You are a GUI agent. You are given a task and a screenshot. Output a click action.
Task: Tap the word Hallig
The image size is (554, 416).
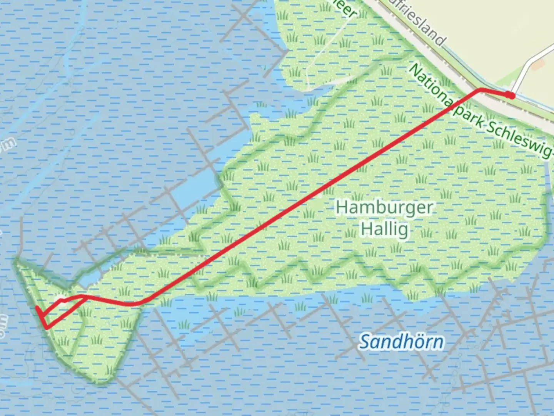coord(384,229)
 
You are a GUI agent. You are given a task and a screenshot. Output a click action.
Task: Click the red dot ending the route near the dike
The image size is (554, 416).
coord(511,95)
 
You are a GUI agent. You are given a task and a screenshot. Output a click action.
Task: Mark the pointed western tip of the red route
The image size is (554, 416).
coord(37,308)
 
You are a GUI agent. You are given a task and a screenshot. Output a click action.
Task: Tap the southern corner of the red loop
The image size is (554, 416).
coord(47,328)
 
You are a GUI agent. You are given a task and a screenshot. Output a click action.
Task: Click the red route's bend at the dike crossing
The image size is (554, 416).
coord(479,90)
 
